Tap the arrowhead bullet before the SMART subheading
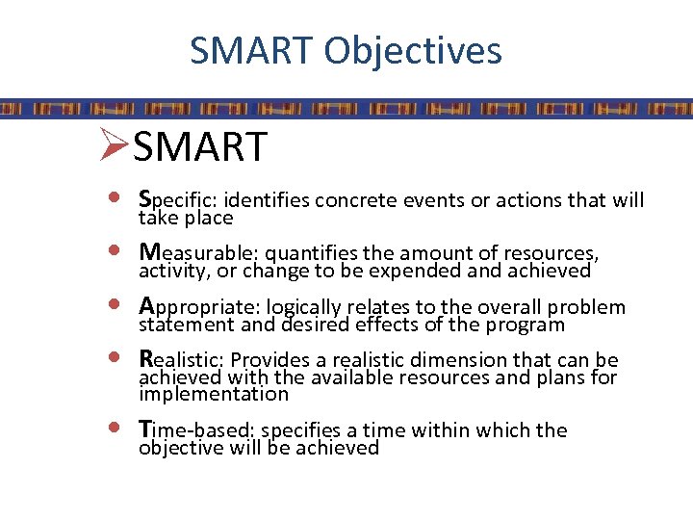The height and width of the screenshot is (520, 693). [x=113, y=146]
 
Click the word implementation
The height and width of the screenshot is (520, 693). [x=214, y=395]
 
